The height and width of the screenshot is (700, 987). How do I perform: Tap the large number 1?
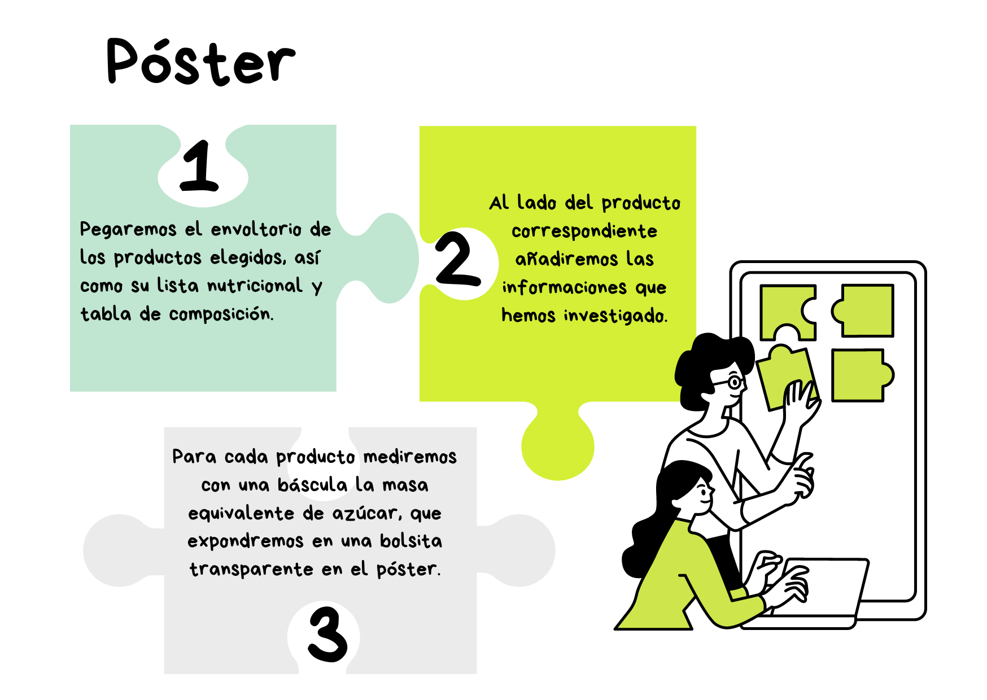pos(199,166)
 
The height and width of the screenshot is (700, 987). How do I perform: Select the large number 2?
pos(458,259)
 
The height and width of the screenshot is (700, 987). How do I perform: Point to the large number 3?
pos(327,634)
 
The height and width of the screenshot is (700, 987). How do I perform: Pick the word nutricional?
pos(255,286)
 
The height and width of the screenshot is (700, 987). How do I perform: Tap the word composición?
pos(221,314)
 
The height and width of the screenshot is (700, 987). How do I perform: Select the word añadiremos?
pos(566,260)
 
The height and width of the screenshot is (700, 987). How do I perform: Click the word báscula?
pos(312,485)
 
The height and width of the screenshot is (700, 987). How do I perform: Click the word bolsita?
pos(410,541)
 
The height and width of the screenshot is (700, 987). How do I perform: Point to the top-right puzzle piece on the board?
pos(864,310)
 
